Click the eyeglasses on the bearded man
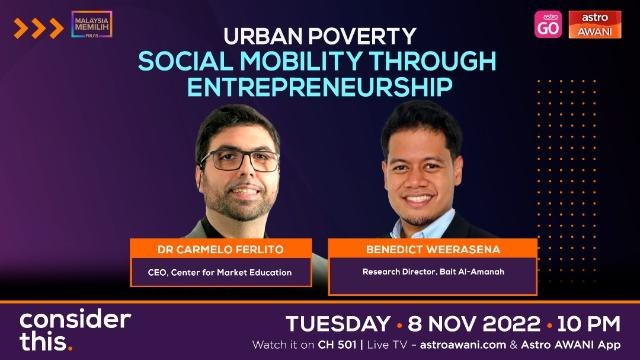pyautogui.click(x=240, y=159)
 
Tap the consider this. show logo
pyautogui.click(x=76, y=329)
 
